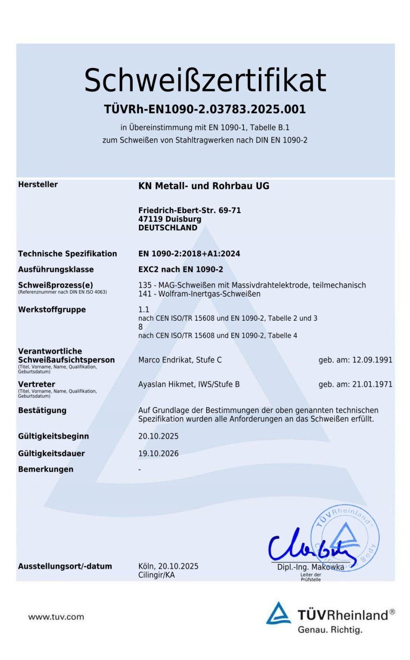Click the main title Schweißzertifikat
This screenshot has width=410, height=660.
[x=205, y=80]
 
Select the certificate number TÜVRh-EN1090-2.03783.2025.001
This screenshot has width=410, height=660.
[x=205, y=109]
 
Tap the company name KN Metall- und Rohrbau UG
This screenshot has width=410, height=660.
[x=203, y=186]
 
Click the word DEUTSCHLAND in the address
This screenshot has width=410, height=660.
[x=167, y=228]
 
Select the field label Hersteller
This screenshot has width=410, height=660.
[x=38, y=184]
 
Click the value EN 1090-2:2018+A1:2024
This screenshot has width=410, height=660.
[x=189, y=254]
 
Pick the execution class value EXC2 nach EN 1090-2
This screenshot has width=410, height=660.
[x=180, y=269]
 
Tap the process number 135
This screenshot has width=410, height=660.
[x=144, y=285]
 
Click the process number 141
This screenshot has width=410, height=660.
[x=144, y=294]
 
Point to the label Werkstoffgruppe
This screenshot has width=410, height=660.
[x=52, y=310]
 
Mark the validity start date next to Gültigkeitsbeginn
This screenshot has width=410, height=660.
[x=158, y=436]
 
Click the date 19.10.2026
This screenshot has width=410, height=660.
[x=158, y=454]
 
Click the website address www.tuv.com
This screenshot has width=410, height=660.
[x=56, y=617]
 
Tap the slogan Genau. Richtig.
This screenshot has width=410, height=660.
[x=330, y=630]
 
